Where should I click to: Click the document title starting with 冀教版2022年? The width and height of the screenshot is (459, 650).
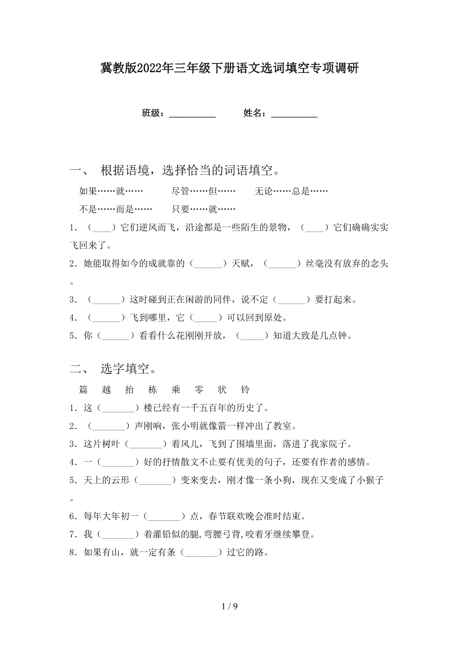point(229,68)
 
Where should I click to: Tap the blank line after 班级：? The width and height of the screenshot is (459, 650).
point(193,114)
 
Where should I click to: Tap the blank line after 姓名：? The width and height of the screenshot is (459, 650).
point(294,114)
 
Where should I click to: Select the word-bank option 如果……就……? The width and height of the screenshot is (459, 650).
point(111,191)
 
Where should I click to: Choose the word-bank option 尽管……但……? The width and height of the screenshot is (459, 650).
point(204,191)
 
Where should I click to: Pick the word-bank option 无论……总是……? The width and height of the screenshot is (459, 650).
point(291,191)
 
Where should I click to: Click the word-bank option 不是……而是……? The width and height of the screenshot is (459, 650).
point(109,209)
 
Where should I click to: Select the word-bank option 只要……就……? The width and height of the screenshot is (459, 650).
point(204,209)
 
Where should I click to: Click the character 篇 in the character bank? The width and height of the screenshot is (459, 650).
point(83,390)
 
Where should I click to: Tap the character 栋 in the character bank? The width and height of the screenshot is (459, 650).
point(153,390)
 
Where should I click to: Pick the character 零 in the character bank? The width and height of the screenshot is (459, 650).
point(199,390)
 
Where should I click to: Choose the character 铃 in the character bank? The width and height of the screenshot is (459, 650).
point(245,390)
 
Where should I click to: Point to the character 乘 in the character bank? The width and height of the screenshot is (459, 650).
point(176,390)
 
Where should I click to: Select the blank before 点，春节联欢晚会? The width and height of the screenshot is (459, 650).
point(164,516)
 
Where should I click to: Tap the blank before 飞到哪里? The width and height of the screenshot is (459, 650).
point(106,318)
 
